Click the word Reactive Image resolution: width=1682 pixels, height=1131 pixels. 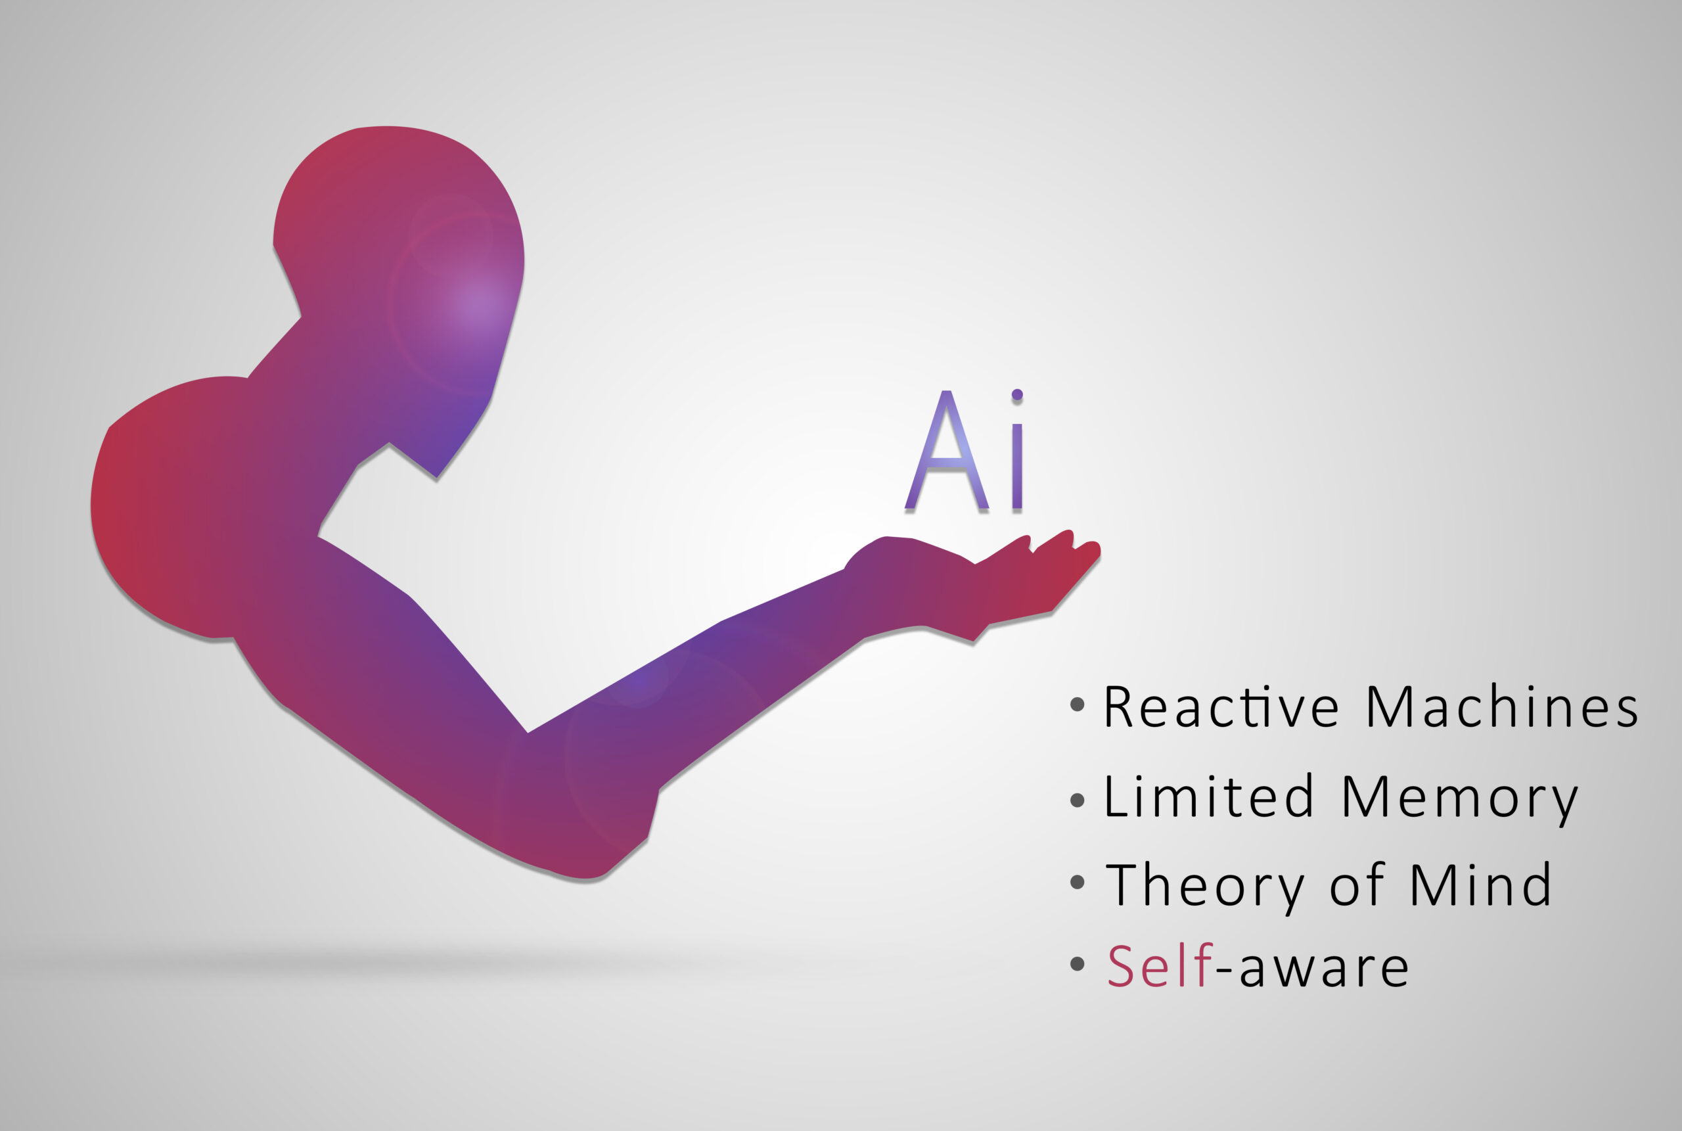pyautogui.click(x=1221, y=708)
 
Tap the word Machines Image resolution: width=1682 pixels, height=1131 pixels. pyautogui.click(x=1503, y=708)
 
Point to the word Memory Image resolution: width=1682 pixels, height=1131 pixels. pyautogui.click(x=1460, y=799)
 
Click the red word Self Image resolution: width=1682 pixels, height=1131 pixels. pyautogui.click(x=1159, y=966)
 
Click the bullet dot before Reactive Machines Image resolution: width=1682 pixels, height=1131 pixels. pyautogui.click(x=1077, y=704)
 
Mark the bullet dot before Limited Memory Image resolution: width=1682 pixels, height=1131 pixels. pyautogui.click(x=1077, y=800)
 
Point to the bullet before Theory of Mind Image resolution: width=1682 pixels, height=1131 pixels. pyautogui.click(x=1077, y=882)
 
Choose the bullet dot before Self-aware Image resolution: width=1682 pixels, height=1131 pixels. pyautogui.click(x=1077, y=963)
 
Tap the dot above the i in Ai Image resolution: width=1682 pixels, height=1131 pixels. pyautogui.click(x=1017, y=394)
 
